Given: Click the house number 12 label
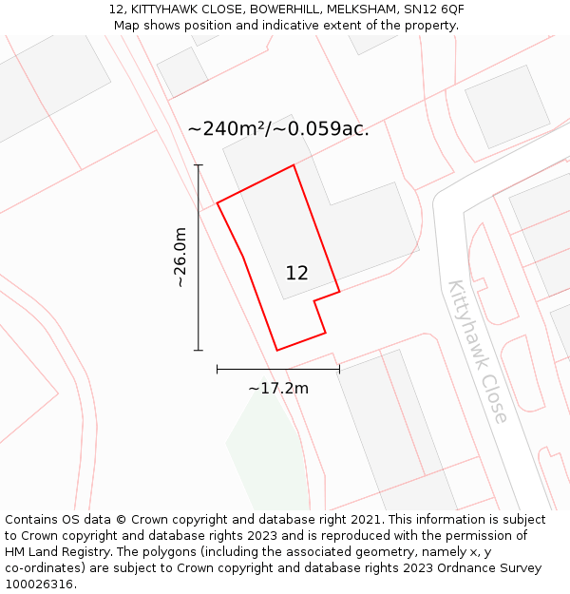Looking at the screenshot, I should pyautogui.click(x=296, y=274).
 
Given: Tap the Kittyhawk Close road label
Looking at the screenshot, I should pyautogui.click(x=478, y=351).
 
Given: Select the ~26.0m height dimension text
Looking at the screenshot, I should pyautogui.click(x=180, y=258).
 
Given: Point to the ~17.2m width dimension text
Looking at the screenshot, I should pyautogui.click(x=278, y=388).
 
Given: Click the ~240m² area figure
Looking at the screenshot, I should pyautogui.click(x=227, y=129).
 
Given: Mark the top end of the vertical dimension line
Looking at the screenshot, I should pyautogui.click(x=199, y=165).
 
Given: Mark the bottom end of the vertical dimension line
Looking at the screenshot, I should pyautogui.click(x=199, y=350).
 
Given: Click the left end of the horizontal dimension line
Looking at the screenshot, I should pyautogui.click(x=218, y=369).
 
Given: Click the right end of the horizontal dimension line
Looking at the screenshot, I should pyautogui.click(x=339, y=369).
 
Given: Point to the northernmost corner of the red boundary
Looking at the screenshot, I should pyautogui.click(x=294, y=165).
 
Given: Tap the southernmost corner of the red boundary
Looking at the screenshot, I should pyautogui.click(x=277, y=350).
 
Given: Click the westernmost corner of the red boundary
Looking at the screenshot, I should pyautogui.click(x=218, y=202).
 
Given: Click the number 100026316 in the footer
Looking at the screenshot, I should pyautogui.click(x=40, y=584).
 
